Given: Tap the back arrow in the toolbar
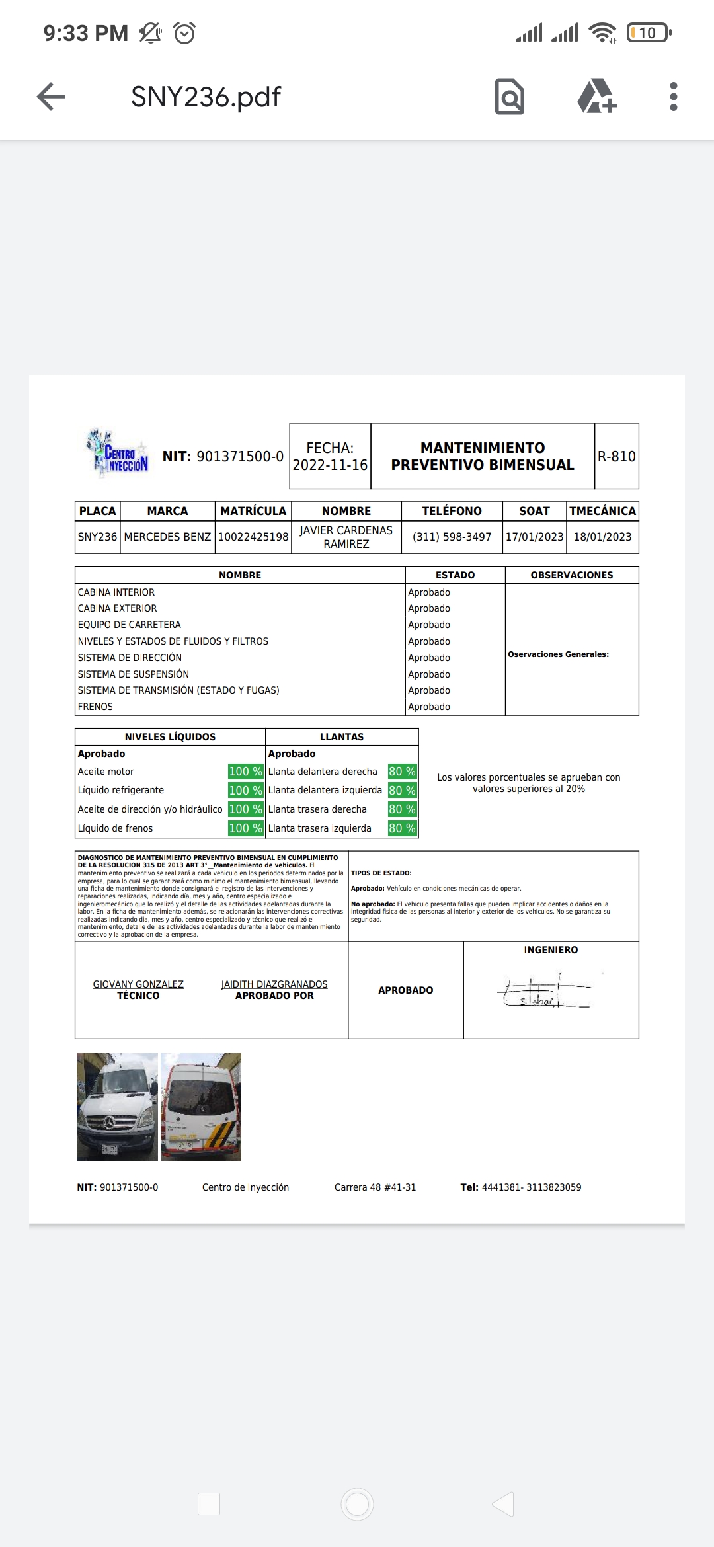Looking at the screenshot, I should (x=51, y=97).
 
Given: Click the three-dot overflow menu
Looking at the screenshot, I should (x=673, y=97).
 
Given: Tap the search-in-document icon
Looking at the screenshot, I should (x=509, y=97).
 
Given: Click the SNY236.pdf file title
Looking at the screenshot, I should (x=206, y=97).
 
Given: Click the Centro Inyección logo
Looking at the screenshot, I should (x=117, y=454).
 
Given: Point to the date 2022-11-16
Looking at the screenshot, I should (x=330, y=465).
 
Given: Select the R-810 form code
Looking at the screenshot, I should (x=616, y=456).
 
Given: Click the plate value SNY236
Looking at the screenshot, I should (x=97, y=537).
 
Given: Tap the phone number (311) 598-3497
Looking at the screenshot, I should (x=452, y=537).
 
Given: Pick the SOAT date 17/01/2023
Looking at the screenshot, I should (x=534, y=537).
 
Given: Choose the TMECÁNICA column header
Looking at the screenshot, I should (x=602, y=511).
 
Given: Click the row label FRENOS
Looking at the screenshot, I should (x=95, y=707).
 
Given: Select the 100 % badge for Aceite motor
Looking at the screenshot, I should (x=245, y=772).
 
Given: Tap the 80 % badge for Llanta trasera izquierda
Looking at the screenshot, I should (x=402, y=828).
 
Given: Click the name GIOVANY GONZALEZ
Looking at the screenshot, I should (x=138, y=984).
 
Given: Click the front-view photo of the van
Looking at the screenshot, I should (x=117, y=1107).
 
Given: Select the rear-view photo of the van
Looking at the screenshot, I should (x=201, y=1107).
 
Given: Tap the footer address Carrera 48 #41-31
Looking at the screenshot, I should (x=375, y=1187).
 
